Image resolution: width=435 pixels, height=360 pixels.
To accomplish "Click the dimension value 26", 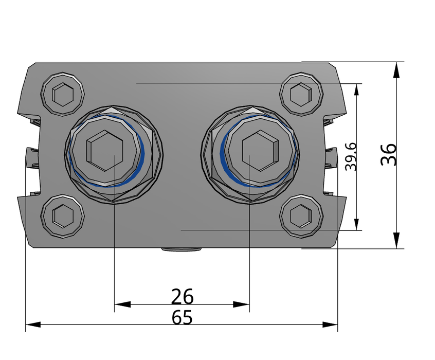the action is pyautogui.click(x=182, y=296).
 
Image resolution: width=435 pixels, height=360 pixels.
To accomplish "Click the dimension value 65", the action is pyautogui.click(x=182, y=317).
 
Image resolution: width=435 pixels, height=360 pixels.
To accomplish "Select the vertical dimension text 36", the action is pyautogui.click(x=388, y=154).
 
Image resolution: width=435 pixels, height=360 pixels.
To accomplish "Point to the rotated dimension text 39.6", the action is pyautogui.click(x=351, y=156).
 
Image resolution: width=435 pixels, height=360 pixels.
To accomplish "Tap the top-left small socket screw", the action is pyautogui.click(x=63, y=94).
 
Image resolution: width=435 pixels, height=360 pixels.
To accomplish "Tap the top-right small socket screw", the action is pyautogui.click(x=301, y=94).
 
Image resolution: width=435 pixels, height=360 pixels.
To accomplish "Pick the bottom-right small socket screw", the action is pyautogui.click(x=301, y=216).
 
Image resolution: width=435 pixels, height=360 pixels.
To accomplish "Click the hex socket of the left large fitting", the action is pyautogui.click(x=104, y=151).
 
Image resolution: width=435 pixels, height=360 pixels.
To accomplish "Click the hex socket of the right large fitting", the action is pyautogui.click(x=260, y=151).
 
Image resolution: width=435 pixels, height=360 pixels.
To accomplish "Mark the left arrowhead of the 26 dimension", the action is pyautogui.click(x=122, y=304).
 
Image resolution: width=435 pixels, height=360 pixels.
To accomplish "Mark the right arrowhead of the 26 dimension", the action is pyautogui.click(x=241, y=304).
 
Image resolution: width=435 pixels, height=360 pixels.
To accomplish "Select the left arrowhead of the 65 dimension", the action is pyautogui.click(x=33, y=325).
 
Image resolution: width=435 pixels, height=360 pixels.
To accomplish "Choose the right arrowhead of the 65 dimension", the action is pyautogui.click(x=330, y=325).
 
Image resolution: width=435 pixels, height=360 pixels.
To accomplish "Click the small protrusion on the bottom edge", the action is pyautogui.click(x=181, y=250).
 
